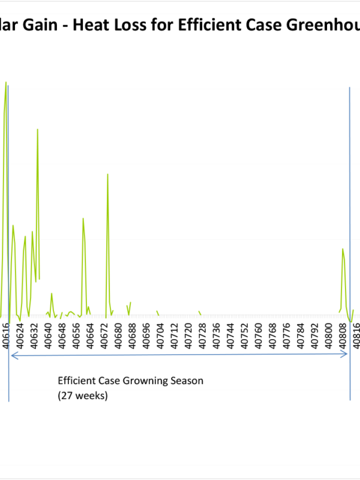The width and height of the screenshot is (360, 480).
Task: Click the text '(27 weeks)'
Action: [x=83, y=396]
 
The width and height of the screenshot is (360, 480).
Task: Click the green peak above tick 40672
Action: [x=107, y=174]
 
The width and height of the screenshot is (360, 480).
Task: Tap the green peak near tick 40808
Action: [x=343, y=248]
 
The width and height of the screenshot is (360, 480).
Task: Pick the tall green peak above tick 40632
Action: [x=37, y=129]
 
